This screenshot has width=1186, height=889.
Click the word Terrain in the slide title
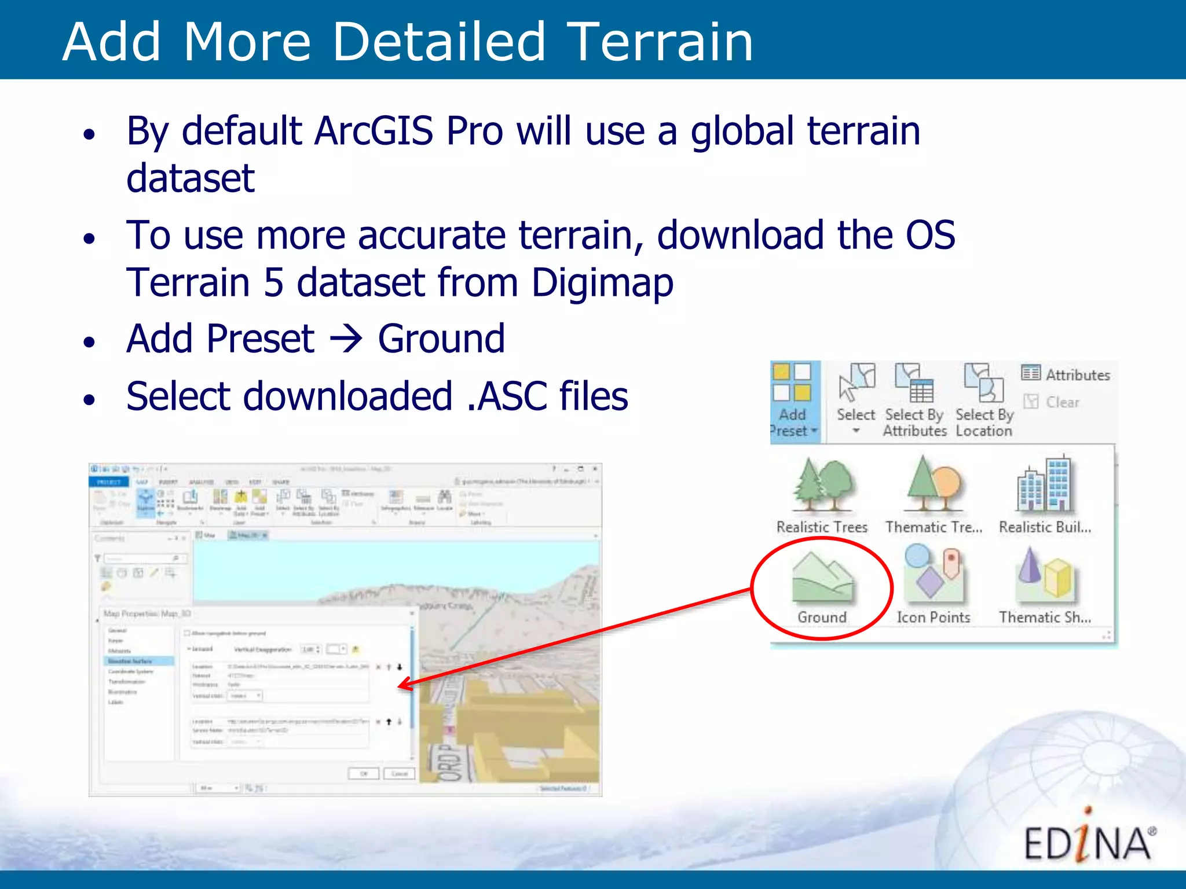(x=659, y=42)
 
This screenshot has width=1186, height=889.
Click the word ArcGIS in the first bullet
(x=374, y=131)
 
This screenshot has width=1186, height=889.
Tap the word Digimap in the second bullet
(x=602, y=282)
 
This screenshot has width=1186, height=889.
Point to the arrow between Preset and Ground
(x=346, y=339)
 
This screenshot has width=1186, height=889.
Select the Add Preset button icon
(x=792, y=383)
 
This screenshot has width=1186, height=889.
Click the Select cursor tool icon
(x=856, y=382)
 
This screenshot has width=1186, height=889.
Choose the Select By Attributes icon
(x=914, y=383)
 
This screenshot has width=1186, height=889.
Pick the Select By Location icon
(x=983, y=383)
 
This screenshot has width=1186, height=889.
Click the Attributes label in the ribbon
(x=1077, y=375)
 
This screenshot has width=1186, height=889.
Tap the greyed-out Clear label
(x=1062, y=402)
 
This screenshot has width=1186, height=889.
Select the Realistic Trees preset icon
(x=822, y=485)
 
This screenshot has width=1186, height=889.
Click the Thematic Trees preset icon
(x=934, y=485)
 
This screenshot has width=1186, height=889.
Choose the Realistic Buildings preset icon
(x=1045, y=485)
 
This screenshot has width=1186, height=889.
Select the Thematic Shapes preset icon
(x=1045, y=576)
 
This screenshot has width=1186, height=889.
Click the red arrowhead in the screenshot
(x=405, y=685)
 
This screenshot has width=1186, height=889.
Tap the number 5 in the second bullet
(x=273, y=282)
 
